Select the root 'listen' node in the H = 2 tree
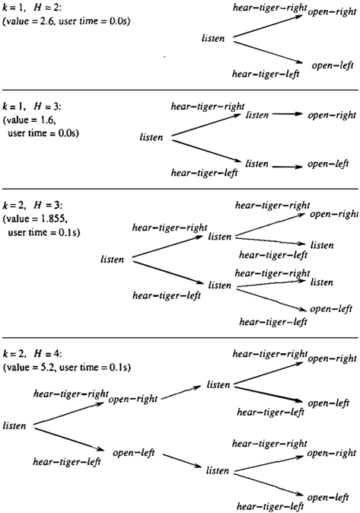pyautogui.click(x=213, y=38)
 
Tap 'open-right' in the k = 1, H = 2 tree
pyautogui.click(x=332, y=11)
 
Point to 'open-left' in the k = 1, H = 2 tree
pyautogui.click(x=333, y=65)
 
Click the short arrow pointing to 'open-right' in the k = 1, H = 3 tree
pyautogui.click(x=288, y=114)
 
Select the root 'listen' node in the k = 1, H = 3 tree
pyautogui.click(x=151, y=137)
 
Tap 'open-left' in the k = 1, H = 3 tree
pyautogui.click(x=328, y=164)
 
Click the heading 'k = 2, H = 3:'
pyautogui.click(x=32, y=206)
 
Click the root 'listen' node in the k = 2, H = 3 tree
pyautogui.click(x=112, y=260)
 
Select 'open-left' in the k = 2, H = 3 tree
pyautogui.click(x=331, y=309)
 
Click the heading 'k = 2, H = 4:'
pyautogui.click(x=32, y=354)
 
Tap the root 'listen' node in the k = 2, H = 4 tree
pyautogui.click(x=14, y=425)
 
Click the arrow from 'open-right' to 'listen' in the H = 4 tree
pyautogui.click(x=181, y=393)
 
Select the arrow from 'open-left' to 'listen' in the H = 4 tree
pyautogui.click(x=183, y=461)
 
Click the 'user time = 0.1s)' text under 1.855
pyautogui.click(x=44, y=232)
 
